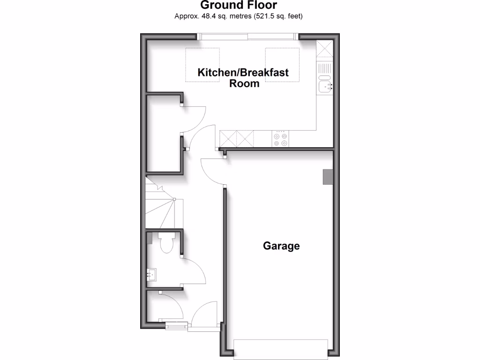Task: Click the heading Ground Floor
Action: (239, 5)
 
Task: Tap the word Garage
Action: (281, 246)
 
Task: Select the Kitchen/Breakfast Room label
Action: (243, 78)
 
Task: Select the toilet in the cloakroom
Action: (166, 243)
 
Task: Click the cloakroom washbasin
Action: (152, 275)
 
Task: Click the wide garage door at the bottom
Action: (280, 349)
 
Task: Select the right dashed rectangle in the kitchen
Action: (283, 65)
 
